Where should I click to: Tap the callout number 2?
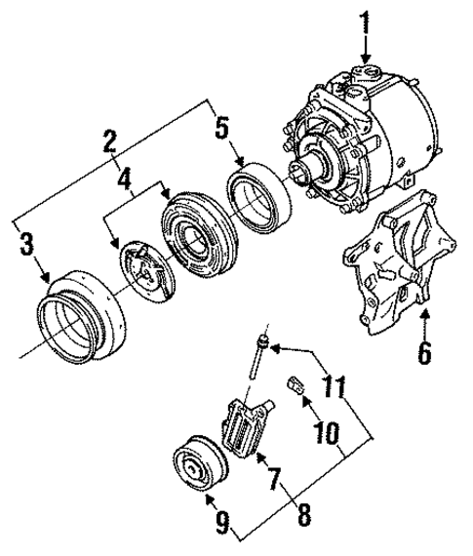[112, 144]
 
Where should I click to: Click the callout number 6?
[423, 352]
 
